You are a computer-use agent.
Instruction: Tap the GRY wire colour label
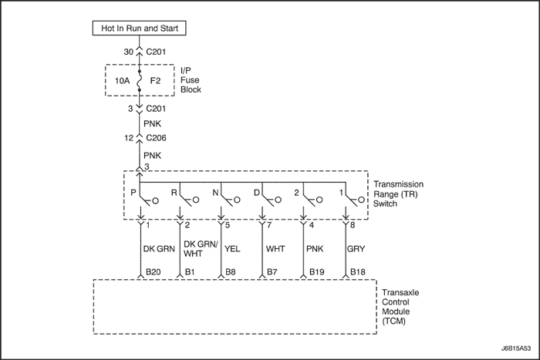coord(356,250)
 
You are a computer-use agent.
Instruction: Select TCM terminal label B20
coord(154,272)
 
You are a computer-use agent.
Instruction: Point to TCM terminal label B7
coord(273,272)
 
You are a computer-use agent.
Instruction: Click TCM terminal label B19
coord(317,272)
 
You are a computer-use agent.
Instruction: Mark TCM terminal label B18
coord(358,272)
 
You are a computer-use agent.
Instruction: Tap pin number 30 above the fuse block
coord(128,52)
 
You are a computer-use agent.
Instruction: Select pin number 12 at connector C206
coord(128,139)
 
